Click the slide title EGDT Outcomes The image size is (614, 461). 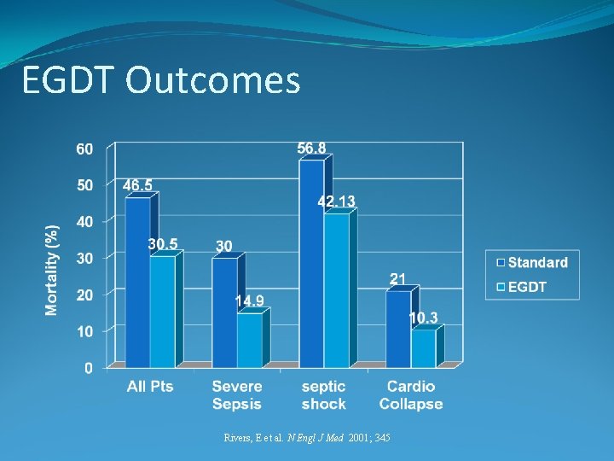click(161, 81)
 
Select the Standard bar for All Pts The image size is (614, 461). click(137, 282)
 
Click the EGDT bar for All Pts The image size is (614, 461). click(162, 312)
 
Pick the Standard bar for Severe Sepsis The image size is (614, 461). click(224, 312)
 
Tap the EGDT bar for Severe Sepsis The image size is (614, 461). click(249, 341)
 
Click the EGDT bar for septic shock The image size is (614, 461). click(336, 290)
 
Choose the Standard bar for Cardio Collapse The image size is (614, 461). click(397, 329)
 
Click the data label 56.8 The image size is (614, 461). click(311, 149)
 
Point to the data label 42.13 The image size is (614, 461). click(337, 201)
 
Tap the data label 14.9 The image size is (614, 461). click(250, 301)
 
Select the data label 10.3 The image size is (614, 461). click(424, 318)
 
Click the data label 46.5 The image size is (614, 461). click(138, 185)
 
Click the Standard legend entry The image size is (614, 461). click(533, 263)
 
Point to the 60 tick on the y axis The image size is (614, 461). click(84, 149)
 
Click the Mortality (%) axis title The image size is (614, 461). click(53, 270)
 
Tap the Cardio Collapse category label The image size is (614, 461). click(410, 395)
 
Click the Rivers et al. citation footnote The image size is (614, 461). click(307, 438)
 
